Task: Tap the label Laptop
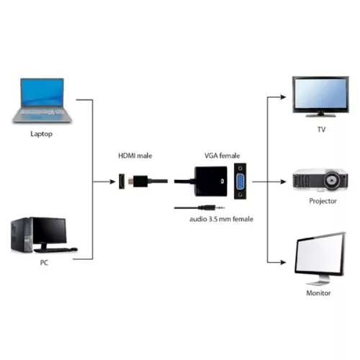tap(41, 134)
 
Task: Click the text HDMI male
tap(135, 156)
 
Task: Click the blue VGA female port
tap(238, 184)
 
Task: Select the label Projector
tap(322, 202)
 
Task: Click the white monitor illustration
tap(320, 258)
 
